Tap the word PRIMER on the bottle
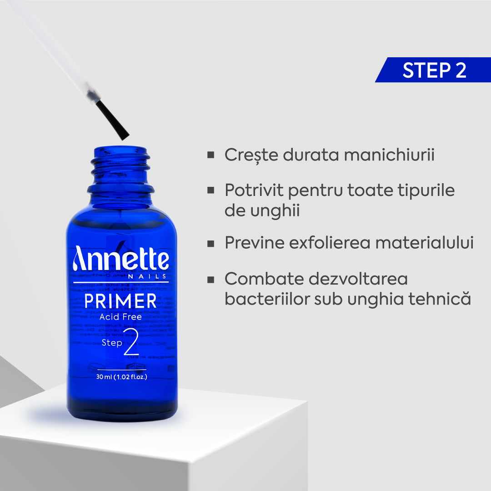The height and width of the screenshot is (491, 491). pos(120,301)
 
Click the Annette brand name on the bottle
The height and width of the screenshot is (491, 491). pos(120,259)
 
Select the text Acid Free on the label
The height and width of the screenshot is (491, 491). pos(120,317)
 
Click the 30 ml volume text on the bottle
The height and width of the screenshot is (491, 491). pos(121,377)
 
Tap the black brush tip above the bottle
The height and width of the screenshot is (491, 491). pos(112,120)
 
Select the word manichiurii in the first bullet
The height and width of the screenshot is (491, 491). pos(389,155)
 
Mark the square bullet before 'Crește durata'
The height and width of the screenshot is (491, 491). pos(210,155)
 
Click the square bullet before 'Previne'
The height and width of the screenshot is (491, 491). pos(210,243)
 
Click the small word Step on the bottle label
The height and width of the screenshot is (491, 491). pos(112,342)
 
